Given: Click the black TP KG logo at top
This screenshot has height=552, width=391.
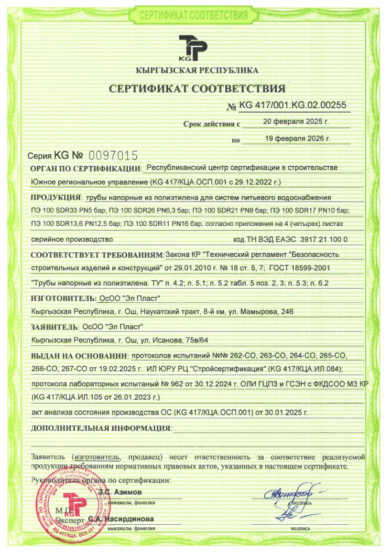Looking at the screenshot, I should (x=193, y=49).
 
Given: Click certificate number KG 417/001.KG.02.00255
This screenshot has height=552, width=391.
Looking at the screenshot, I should (x=293, y=105).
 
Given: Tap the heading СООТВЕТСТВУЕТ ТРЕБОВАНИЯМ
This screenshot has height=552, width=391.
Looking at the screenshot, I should (x=97, y=255).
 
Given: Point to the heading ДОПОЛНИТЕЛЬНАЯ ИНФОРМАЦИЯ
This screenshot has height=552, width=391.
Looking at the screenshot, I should (x=101, y=428).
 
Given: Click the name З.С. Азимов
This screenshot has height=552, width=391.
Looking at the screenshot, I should (x=120, y=492).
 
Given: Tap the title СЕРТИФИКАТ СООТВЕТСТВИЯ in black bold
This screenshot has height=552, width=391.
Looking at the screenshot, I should (x=197, y=88).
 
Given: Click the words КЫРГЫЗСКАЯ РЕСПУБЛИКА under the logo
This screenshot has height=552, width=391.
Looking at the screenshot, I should (x=197, y=70).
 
